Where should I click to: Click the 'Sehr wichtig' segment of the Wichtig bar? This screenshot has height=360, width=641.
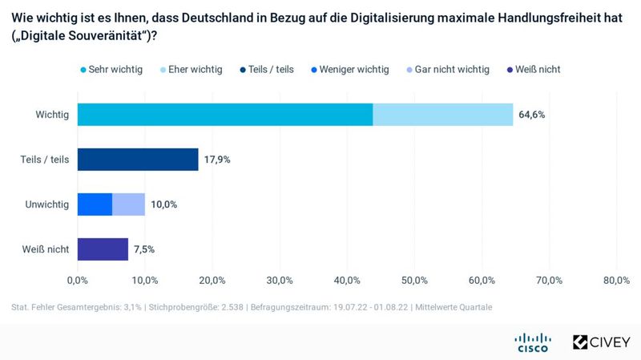point(224,115)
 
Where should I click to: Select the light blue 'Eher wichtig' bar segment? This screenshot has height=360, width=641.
point(442,115)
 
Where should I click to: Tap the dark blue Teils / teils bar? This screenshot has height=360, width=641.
point(137,160)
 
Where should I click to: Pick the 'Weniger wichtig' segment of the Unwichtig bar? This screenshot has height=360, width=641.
point(95,204)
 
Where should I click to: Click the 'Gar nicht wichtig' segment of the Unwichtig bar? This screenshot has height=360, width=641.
point(128,204)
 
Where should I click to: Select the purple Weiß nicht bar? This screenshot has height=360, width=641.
point(103,249)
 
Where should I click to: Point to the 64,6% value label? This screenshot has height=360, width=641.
point(532,115)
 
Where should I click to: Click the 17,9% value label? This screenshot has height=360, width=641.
point(217,160)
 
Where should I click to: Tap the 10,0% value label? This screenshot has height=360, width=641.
point(163,204)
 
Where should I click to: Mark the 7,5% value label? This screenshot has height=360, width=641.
point(144,249)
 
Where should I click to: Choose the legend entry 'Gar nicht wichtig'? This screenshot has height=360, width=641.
point(446,69)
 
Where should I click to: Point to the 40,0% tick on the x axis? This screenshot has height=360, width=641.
point(346,280)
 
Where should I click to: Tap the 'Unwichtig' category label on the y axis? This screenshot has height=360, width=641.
point(46,204)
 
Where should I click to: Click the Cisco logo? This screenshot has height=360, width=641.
point(532,342)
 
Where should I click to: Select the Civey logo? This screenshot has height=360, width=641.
point(601,342)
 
